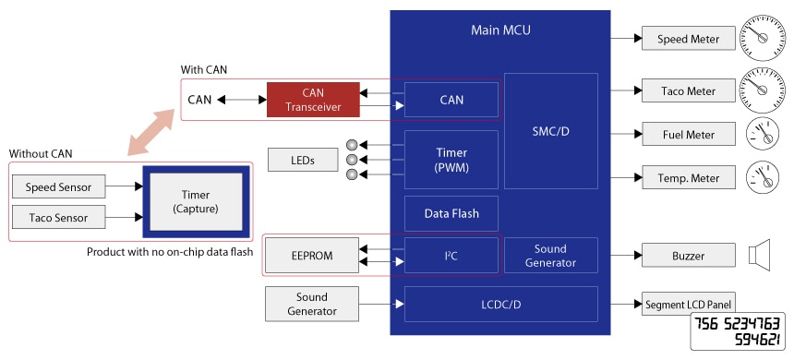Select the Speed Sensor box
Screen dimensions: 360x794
59,187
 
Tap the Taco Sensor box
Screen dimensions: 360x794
59,217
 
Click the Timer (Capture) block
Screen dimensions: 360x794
198,203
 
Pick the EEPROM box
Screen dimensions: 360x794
312,256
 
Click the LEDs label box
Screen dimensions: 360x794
301,160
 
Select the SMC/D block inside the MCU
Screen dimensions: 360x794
551,131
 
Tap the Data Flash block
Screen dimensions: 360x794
451,213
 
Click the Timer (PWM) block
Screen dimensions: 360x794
451,160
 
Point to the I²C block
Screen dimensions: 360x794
451,256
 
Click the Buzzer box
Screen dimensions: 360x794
688,256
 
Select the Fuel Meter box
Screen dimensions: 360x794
688,135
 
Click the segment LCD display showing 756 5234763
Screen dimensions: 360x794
738,330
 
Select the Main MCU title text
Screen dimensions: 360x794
500,30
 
